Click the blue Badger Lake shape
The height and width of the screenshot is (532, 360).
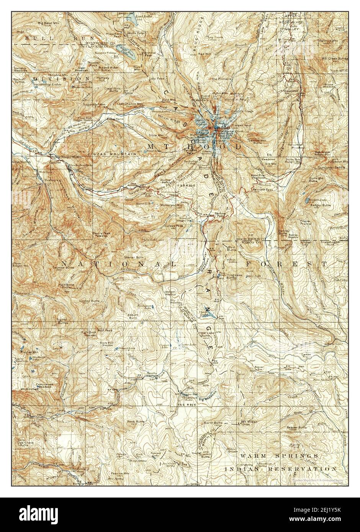pos(309,200)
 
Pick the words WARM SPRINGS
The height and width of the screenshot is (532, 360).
pos(278,456)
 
